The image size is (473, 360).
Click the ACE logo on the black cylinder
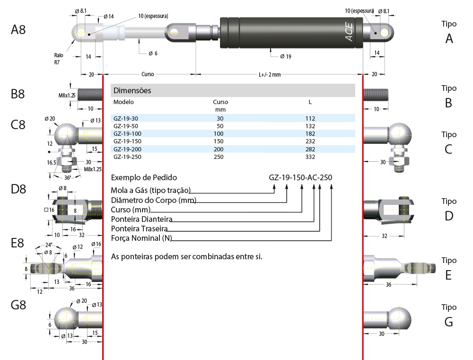point(349,32)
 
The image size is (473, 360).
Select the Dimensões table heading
point(132,90)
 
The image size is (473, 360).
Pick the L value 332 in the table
point(310,157)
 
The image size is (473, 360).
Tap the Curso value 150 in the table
point(219,141)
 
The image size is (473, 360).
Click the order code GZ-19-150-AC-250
point(300,178)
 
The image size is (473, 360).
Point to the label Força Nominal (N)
point(140,238)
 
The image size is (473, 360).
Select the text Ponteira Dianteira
point(141,220)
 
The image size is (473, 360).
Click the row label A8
point(18,30)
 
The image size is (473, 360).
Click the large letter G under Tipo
point(449,322)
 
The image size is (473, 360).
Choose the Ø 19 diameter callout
point(285,56)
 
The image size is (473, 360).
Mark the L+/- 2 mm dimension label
point(270,74)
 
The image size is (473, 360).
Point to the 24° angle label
point(49,245)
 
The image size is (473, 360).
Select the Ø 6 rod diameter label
point(153,53)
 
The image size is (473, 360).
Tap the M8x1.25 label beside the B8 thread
point(67,95)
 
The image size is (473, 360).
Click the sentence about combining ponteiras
point(186,257)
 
